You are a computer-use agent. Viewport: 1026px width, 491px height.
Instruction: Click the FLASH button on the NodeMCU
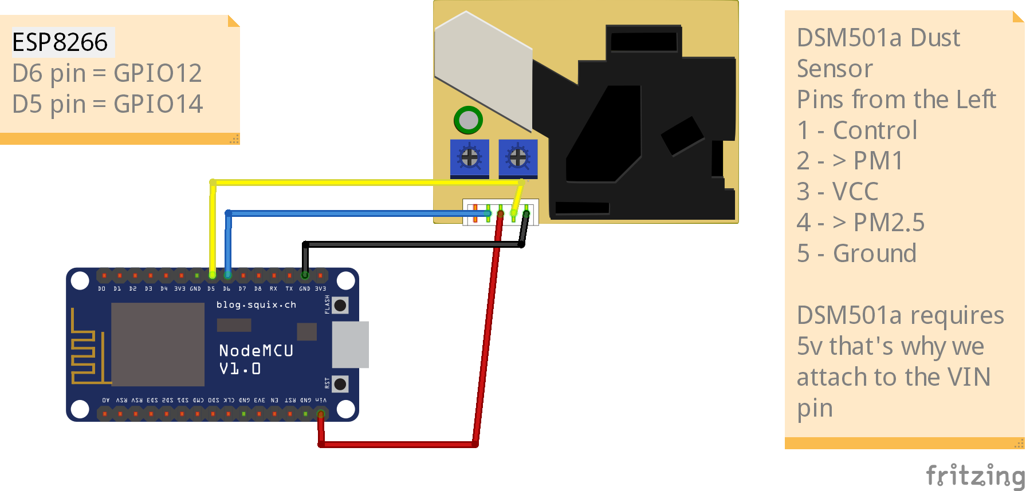click(x=340, y=305)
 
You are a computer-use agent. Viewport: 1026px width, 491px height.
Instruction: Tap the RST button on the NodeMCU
click(x=340, y=383)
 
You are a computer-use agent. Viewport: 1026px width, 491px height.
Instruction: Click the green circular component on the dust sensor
click(x=468, y=120)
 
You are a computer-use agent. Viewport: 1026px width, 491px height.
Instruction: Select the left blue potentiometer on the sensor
click(x=470, y=157)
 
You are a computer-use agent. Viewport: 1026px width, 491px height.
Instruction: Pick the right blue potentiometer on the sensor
click(x=518, y=157)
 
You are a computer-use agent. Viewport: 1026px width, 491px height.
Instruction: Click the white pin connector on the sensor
click(x=500, y=212)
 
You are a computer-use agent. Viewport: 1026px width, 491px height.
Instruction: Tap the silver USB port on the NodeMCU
click(x=350, y=344)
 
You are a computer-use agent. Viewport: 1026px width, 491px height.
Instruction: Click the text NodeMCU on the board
click(x=255, y=350)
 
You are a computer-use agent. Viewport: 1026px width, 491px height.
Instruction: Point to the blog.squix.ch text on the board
click(x=256, y=304)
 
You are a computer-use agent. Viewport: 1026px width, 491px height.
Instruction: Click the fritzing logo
click(x=975, y=475)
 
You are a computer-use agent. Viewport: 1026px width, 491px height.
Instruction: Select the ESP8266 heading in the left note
click(x=60, y=42)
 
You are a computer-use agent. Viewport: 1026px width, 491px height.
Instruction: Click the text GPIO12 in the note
click(x=158, y=73)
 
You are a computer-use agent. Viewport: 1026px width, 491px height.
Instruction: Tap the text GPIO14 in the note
click(x=158, y=104)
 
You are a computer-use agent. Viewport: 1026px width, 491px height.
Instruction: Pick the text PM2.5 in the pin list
click(x=889, y=223)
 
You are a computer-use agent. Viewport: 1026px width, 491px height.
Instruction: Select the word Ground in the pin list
click(x=874, y=254)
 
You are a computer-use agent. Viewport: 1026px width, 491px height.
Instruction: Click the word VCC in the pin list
click(x=855, y=192)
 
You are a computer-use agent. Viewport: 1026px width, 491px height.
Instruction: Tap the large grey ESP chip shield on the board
click(x=158, y=345)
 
